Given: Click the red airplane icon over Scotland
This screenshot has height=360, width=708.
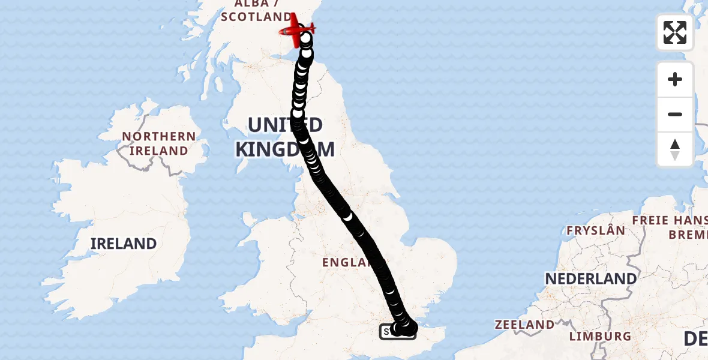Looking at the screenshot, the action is pos(297,30).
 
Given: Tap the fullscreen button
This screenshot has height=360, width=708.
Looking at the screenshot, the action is pos(674,32).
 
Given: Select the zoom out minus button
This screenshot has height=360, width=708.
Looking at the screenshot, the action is pos(674,114).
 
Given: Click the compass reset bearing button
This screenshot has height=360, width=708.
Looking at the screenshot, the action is pos(674,149).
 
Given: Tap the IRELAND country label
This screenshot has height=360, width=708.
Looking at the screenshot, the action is pos(124,244).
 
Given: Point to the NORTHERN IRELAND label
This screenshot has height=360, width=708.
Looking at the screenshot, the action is pos(159,143).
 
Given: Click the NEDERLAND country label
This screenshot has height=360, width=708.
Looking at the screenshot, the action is pos(591,279).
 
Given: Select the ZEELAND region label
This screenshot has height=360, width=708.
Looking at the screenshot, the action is pos(524,325).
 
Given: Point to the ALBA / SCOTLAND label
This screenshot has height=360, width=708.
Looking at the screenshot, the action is pos(256,11).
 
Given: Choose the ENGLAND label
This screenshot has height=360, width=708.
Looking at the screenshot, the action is pos(346,262).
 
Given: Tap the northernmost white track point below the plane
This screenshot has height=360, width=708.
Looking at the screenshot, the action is pos(306,40).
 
